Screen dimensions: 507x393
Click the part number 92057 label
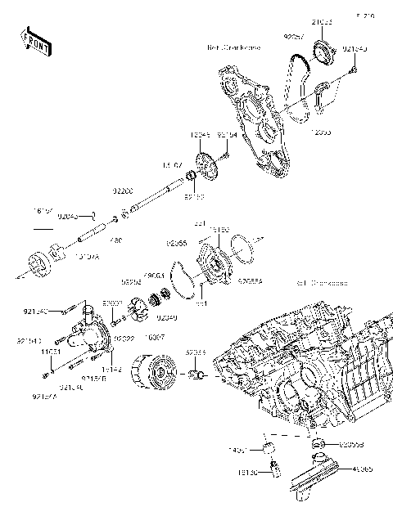(x=296, y=37)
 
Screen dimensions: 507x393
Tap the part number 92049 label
(x=167, y=317)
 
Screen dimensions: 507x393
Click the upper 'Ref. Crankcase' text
(x=234, y=48)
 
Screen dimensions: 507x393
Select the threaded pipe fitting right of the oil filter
(x=196, y=375)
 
